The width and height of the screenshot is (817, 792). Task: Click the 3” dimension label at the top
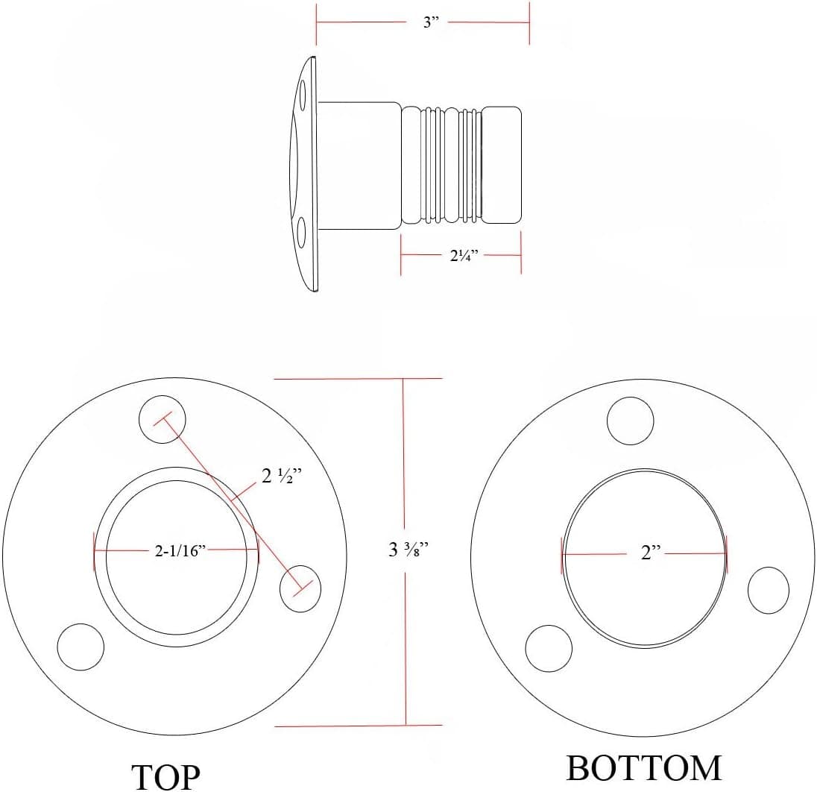point(431,22)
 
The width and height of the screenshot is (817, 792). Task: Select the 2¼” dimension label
point(464,256)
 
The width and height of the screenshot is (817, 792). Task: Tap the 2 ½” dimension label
point(281,476)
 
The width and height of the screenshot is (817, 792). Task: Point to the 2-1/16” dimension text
point(180,550)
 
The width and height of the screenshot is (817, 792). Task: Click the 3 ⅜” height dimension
point(408,549)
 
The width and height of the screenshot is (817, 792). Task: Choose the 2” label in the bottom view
point(651,553)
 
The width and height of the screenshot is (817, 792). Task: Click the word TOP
point(165,777)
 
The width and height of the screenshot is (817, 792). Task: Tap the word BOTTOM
point(644,768)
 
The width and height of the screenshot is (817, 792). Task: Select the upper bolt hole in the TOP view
point(163,420)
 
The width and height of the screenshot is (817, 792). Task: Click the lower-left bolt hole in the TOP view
point(81,647)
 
